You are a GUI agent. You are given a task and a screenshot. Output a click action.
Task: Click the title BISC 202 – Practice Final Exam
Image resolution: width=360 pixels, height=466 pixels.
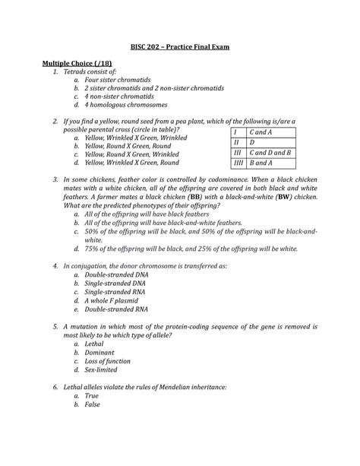coord(180,47)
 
